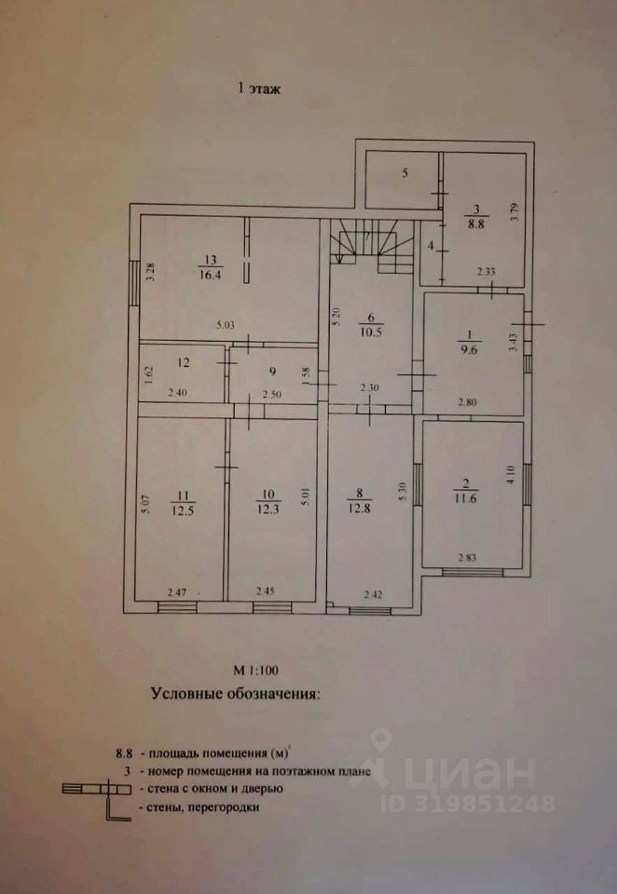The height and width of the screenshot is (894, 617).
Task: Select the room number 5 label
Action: click(x=404, y=173)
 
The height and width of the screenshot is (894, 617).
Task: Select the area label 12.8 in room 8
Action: click(x=365, y=507)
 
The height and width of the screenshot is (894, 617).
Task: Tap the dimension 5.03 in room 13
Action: click(x=226, y=325)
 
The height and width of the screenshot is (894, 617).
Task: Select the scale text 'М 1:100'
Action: click(x=255, y=669)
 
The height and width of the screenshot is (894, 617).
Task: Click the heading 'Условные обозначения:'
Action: click(x=233, y=694)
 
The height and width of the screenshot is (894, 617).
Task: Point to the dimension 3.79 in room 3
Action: click(x=512, y=213)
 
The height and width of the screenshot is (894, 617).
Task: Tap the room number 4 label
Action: click(x=431, y=247)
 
